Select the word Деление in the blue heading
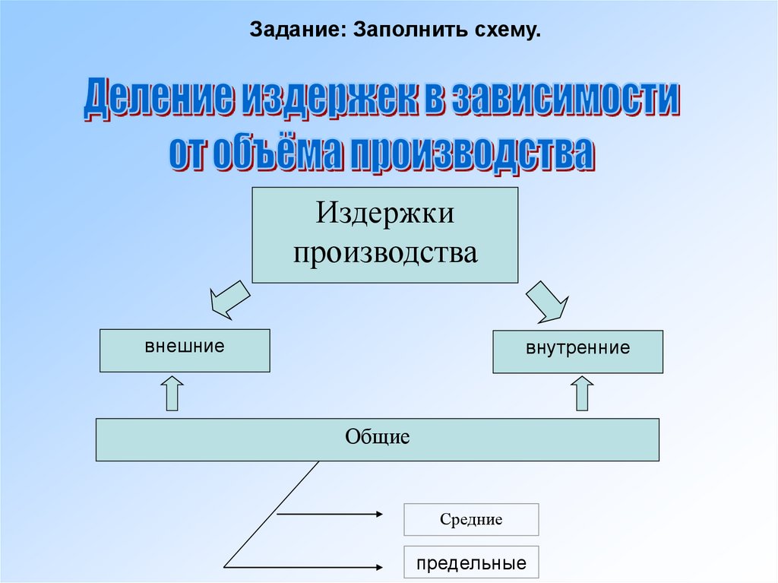(x=158, y=97)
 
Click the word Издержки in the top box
(x=385, y=213)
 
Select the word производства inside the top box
(x=385, y=253)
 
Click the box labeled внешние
(x=185, y=350)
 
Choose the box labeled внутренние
(x=577, y=352)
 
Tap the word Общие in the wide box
(x=377, y=437)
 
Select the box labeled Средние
(x=471, y=519)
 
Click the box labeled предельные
(x=471, y=562)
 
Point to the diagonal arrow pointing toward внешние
(x=229, y=299)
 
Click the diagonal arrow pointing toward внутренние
(x=547, y=302)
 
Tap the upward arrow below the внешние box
(x=172, y=393)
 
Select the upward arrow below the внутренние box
(x=582, y=393)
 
